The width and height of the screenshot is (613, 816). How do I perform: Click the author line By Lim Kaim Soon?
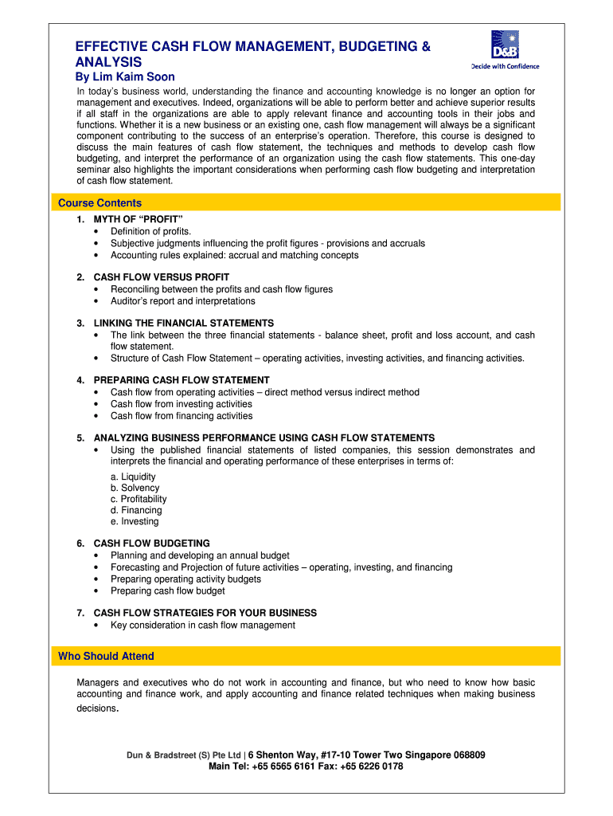click(x=125, y=77)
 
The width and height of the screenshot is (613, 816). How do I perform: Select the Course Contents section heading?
click(x=100, y=203)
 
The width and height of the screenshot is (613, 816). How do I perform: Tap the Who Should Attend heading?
click(x=107, y=656)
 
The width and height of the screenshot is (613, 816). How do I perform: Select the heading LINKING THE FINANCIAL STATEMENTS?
click(x=184, y=323)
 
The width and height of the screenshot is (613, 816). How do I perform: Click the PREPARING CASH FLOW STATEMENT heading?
click(x=182, y=380)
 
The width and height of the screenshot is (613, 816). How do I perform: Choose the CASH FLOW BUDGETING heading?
click(x=152, y=543)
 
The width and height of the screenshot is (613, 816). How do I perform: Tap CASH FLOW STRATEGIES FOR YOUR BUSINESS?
click(x=205, y=613)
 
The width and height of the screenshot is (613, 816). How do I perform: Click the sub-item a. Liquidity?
click(x=134, y=477)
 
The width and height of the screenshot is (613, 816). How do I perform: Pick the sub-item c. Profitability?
click(x=139, y=499)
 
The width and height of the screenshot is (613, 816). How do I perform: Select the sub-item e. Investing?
click(x=135, y=521)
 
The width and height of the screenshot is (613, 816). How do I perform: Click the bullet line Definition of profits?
click(x=151, y=231)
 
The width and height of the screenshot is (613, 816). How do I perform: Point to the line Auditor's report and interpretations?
click(x=183, y=301)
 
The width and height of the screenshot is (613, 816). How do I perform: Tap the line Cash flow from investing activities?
click(x=182, y=404)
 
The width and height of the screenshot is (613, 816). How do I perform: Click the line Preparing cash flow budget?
click(x=168, y=590)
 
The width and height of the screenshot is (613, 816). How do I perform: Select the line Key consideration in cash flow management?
click(x=203, y=625)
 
